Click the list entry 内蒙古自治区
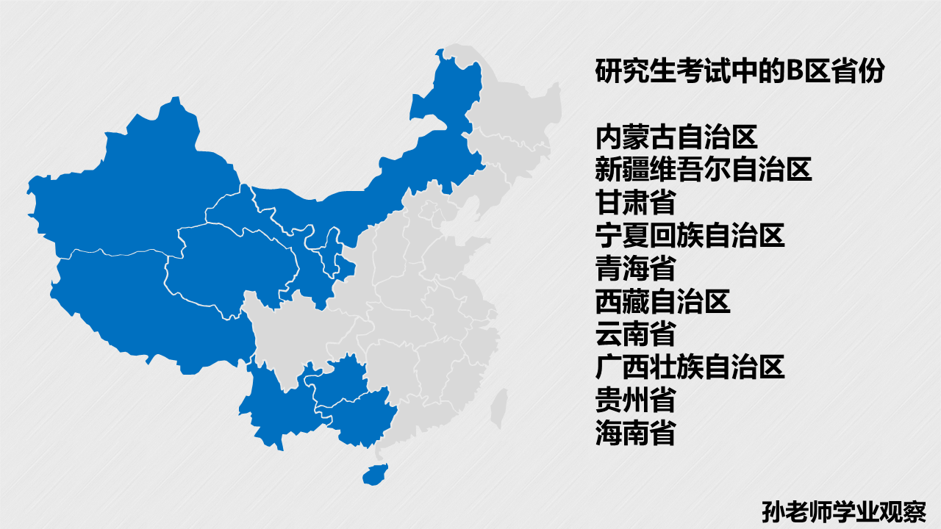coord(676,137)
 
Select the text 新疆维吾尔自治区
coord(704,170)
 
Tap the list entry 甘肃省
coord(635,203)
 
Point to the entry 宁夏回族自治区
coord(690,236)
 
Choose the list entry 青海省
coord(635,268)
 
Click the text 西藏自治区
coord(662,301)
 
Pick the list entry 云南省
coord(635,334)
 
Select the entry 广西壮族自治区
coord(690,367)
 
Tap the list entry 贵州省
coord(635,400)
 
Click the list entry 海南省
coord(635,433)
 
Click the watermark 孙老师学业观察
coord(843,511)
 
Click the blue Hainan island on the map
coord(375,472)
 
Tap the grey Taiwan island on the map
coord(499,402)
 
